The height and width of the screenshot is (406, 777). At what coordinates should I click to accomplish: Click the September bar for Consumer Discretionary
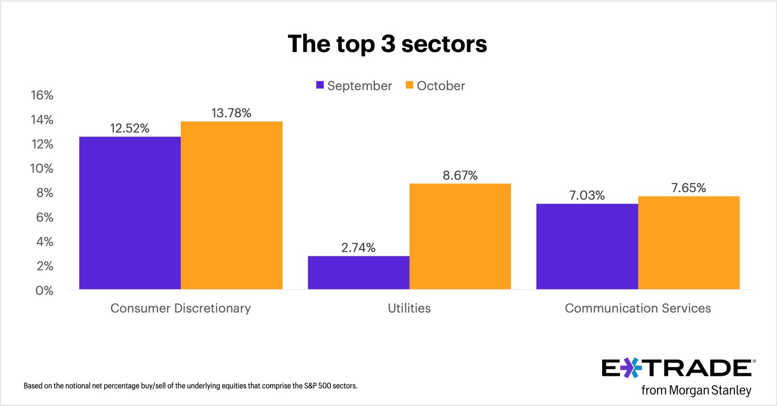pyautogui.click(x=130, y=213)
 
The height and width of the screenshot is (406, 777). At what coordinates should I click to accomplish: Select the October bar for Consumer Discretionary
pyautogui.click(x=231, y=206)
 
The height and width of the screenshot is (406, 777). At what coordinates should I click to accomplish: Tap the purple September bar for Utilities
pyautogui.click(x=358, y=273)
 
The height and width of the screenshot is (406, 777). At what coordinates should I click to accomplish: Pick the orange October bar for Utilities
pyautogui.click(x=460, y=236)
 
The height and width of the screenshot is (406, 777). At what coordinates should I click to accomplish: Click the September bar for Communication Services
pyautogui.click(x=587, y=247)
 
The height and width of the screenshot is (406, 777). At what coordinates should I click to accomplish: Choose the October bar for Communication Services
pyautogui.click(x=689, y=243)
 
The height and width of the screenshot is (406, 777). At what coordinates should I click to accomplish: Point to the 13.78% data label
pyautogui.click(x=231, y=113)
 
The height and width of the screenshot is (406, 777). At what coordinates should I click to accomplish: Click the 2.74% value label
pyautogui.click(x=358, y=248)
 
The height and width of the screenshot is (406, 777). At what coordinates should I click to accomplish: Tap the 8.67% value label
pyautogui.click(x=459, y=175)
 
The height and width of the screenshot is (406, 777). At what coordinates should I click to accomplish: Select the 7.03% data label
pyautogui.click(x=587, y=195)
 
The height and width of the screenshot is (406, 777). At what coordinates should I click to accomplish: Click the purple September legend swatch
pyautogui.click(x=320, y=85)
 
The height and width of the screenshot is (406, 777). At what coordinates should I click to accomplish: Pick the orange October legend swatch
pyautogui.click(x=410, y=85)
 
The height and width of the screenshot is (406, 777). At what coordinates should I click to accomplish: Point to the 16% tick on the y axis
pyautogui.click(x=42, y=96)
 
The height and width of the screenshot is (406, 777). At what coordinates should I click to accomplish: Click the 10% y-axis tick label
pyautogui.click(x=42, y=168)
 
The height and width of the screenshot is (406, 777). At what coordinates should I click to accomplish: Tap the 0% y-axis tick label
pyautogui.click(x=45, y=290)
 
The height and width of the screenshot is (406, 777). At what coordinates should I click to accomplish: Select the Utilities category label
pyautogui.click(x=409, y=308)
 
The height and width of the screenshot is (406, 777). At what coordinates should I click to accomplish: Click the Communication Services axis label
pyautogui.click(x=638, y=308)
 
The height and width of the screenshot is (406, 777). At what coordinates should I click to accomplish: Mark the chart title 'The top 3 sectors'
pyautogui.click(x=387, y=44)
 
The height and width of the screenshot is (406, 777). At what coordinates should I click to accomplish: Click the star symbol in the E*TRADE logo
pyautogui.click(x=628, y=368)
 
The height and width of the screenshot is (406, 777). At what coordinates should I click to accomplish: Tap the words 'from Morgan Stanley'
pyautogui.click(x=696, y=390)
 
